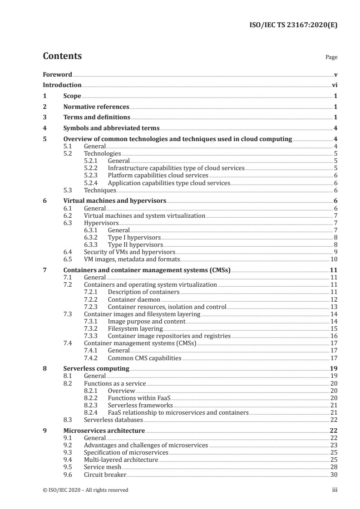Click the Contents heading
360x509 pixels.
pos(62,56)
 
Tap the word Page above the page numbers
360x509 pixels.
pos(331,58)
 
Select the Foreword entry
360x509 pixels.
pos(57,74)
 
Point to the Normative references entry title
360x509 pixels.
pos(96,107)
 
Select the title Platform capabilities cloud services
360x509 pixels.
pos(158,175)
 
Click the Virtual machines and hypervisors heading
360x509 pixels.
pos(115,201)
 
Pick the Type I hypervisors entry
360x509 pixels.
pos(134,237)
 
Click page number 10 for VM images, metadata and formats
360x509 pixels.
pos(333,260)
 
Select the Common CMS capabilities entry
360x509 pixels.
pos(144,358)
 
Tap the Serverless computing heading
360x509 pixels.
pos(96,368)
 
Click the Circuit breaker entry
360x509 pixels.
pos(105,475)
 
